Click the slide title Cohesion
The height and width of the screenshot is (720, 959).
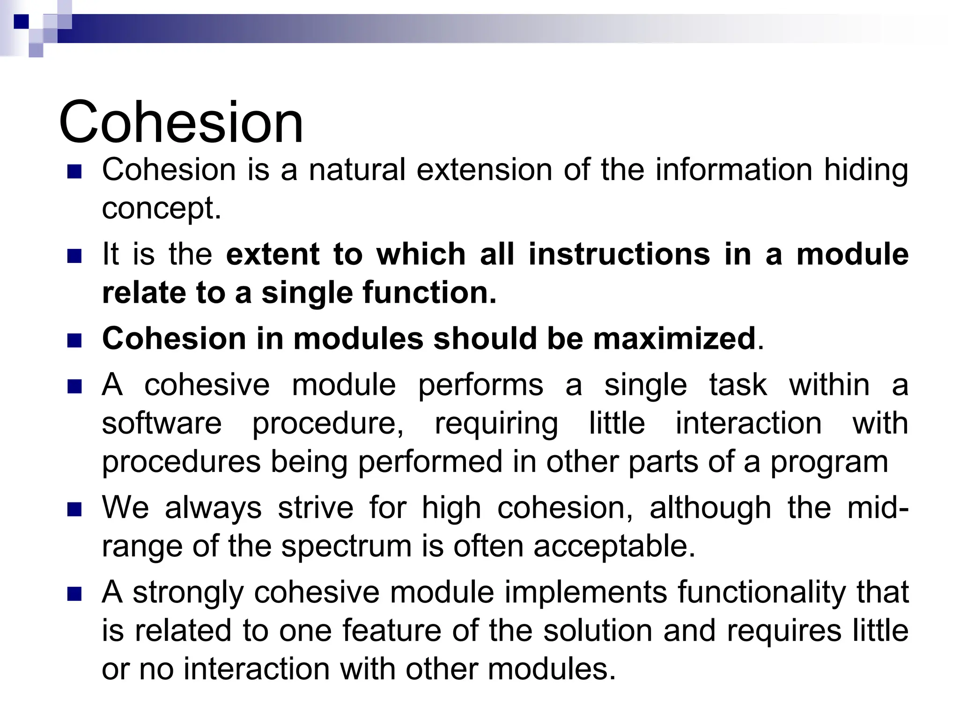click(181, 122)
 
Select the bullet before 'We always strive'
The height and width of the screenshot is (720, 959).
click(74, 509)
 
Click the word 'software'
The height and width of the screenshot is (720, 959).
click(162, 424)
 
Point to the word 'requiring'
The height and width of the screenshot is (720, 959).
click(496, 425)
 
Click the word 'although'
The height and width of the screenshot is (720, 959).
click(710, 508)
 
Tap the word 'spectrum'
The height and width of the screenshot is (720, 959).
click(346, 547)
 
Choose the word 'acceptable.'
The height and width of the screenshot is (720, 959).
click(614, 547)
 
